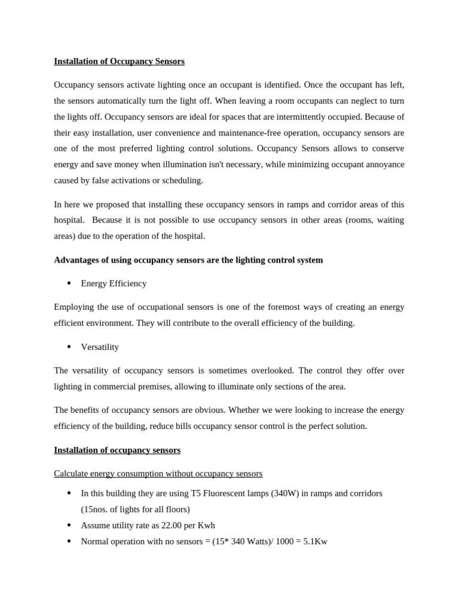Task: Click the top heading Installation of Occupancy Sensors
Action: [119, 61]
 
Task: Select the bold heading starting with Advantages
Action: [188, 260]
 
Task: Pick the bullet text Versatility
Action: [100, 347]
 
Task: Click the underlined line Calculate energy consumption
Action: [158, 473]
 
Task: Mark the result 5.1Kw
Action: [315, 542]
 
